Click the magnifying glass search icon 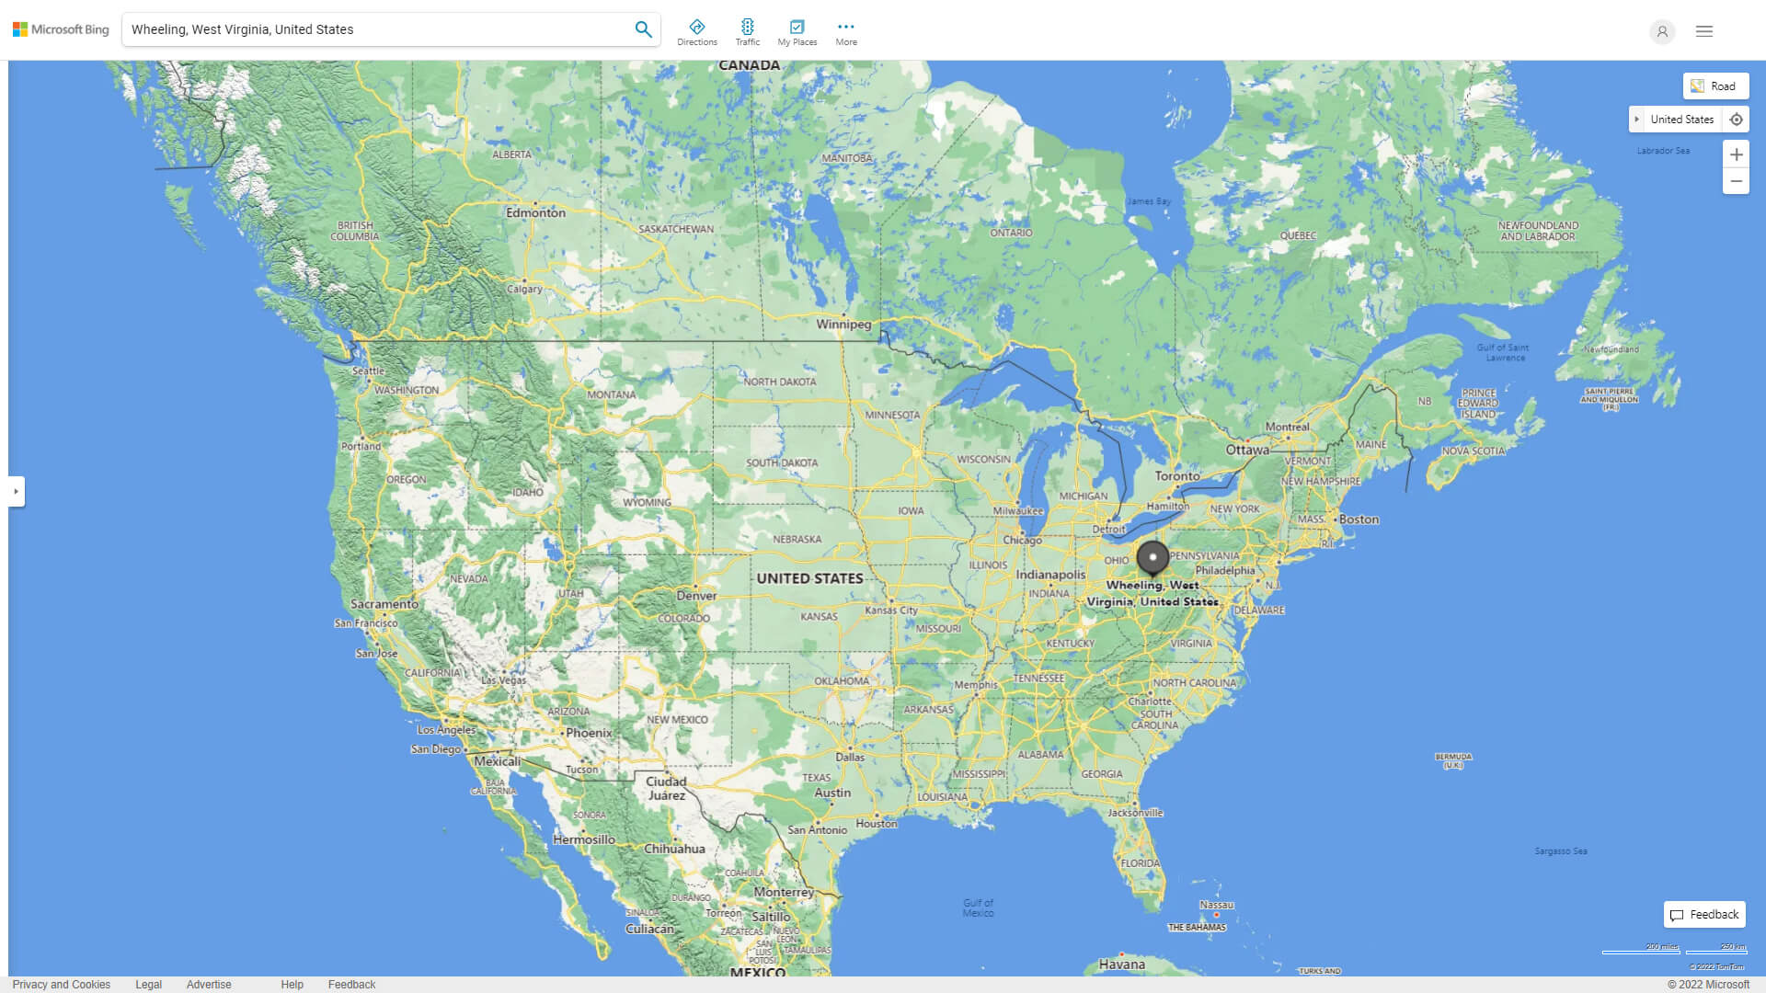(643, 29)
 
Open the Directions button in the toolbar (697, 32)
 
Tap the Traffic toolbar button (747, 32)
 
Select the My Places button (797, 32)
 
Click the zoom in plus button (1736, 154)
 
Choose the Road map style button (1715, 86)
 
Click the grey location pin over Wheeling (1152, 557)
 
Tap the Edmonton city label (535, 212)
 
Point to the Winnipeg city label (843, 325)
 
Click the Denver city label (696, 596)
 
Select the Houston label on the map (876, 824)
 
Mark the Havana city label (1121, 964)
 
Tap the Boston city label (1359, 519)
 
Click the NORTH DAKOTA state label (779, 382)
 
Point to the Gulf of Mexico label (978, 907)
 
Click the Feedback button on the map (1704, 915)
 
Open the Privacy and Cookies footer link (62, 985)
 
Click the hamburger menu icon (1704, 31)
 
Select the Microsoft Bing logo (61, 29)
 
